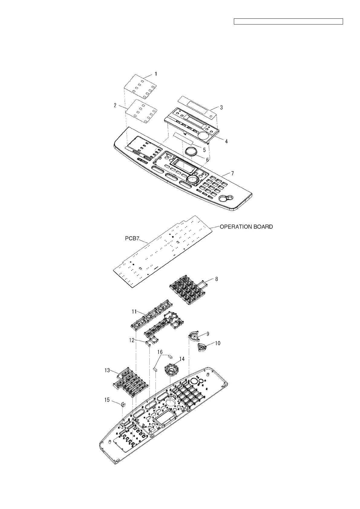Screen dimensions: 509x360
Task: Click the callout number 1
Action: [156, 73]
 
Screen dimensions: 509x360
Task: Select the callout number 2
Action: [115, 105]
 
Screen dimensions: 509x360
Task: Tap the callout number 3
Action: [221, 107]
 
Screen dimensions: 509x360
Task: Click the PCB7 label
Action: [132, 239]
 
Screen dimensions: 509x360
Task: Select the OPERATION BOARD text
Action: [246, 226]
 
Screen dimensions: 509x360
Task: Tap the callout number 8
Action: [216, 279]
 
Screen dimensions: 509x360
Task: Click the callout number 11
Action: [134, 312]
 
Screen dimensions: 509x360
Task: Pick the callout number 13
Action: [107, 370]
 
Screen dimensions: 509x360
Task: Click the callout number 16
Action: [160, 352]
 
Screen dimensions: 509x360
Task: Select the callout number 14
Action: [182, 359]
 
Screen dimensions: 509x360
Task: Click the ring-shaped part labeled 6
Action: [191, 151]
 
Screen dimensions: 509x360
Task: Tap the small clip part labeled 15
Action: [123, 404]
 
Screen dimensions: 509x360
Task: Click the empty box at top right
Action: [289, 21]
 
